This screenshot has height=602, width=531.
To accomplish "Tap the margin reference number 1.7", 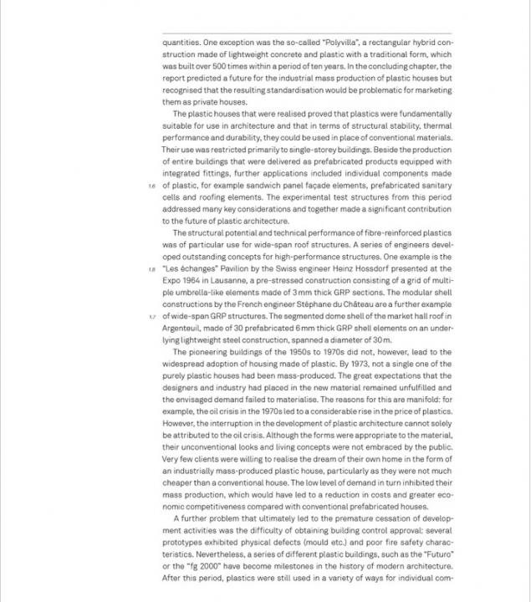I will [152, 318].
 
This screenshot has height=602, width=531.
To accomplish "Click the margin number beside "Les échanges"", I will [152, 269].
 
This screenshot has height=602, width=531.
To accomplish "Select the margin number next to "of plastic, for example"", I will [152, 186].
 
